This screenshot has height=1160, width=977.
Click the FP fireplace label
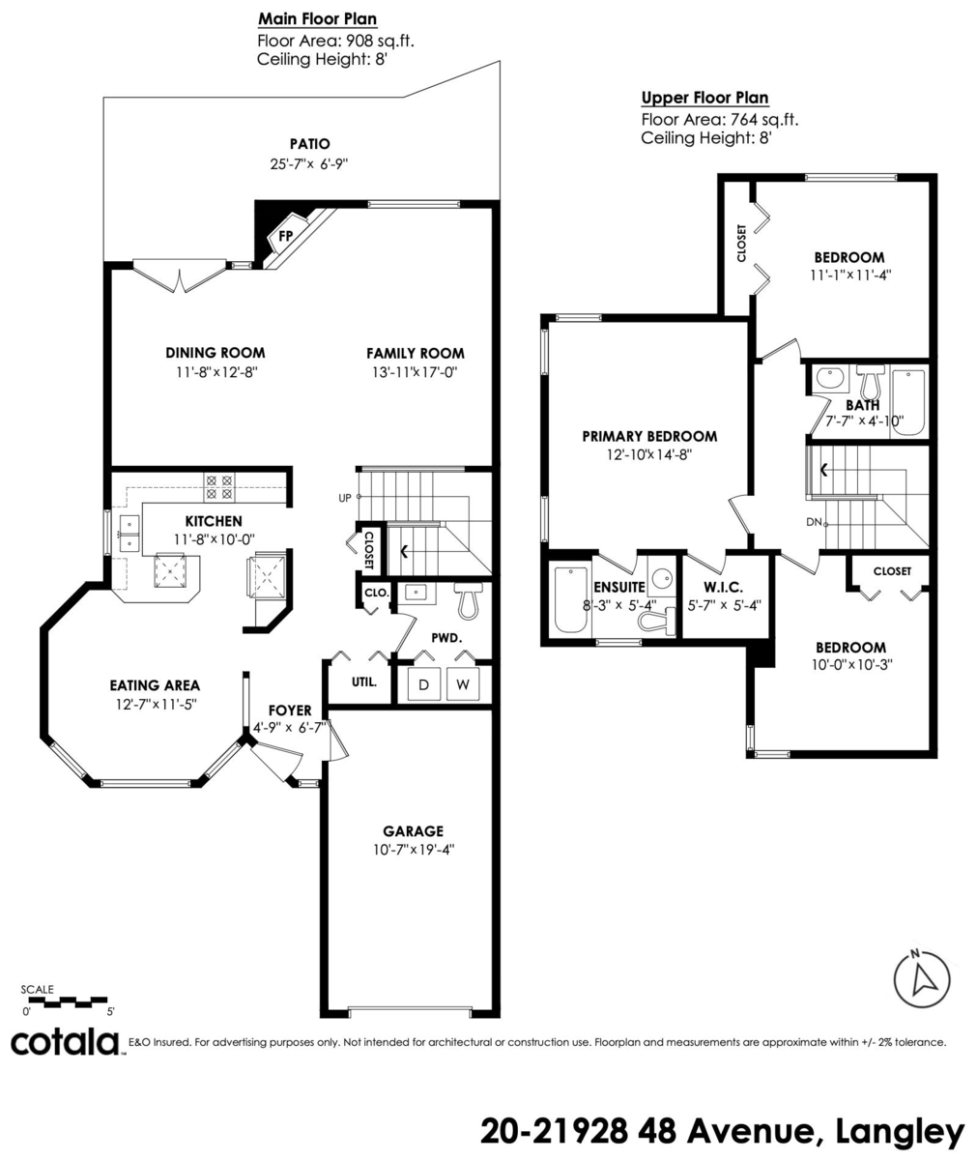[x=285, y=236]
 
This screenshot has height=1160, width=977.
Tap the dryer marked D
[x=424, y=683]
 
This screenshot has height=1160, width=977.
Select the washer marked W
[x=463, y=683]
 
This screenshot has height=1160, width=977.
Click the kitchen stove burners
[x=218, y=487]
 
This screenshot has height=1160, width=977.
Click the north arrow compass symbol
[x=922, y=979]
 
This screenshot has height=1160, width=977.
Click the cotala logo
[x=66, y=1042]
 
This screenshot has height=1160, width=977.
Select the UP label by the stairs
[x=345, y=498]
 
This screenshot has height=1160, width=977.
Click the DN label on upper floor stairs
[x=814, y=522]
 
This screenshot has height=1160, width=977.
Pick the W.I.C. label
[x=723, y=587]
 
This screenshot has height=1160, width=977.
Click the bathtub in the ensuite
[x=570, y=599]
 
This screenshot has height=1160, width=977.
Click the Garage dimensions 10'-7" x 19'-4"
[x=414, y=849]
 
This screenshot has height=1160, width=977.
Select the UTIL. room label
[x=364, y=681]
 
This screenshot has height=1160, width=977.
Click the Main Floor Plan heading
[x=318, y=19]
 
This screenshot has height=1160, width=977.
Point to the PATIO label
[x=310, y=144]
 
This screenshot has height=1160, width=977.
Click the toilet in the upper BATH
[x=870, y=378]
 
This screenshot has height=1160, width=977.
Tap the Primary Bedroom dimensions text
[x=648, y=454]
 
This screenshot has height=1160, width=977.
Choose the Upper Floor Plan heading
[x=704, y=98]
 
